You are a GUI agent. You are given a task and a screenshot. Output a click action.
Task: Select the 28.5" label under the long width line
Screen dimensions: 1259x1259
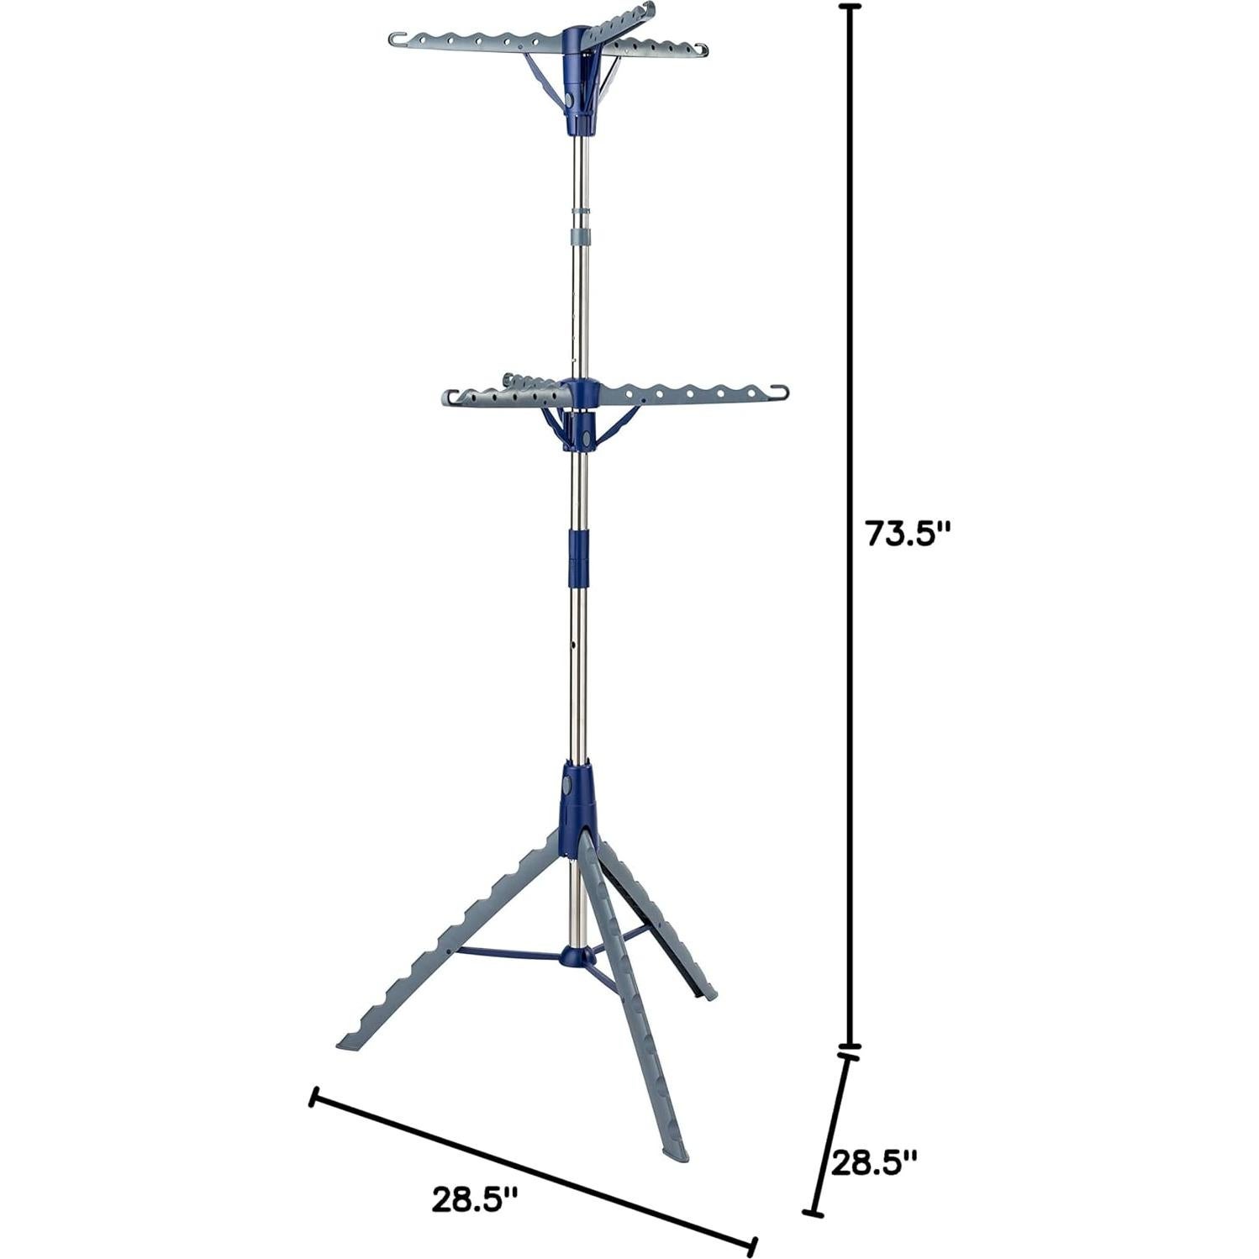474,1198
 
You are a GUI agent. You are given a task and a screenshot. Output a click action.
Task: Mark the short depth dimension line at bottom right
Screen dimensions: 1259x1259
833,1134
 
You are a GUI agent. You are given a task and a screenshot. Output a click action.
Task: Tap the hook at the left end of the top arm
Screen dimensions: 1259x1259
398,39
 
